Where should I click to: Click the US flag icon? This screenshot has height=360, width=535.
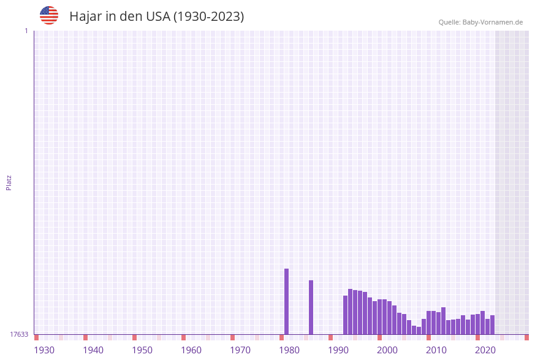pyautogui.click(x=49, y=15)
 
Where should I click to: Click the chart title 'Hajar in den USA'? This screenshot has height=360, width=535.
pyautogui.click(x=156, y=17)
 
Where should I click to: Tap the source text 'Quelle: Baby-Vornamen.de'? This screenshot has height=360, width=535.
pyautogui.click(x=480, y=22)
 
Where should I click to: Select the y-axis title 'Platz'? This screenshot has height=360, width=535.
pyautogui.click(x=9, y=182)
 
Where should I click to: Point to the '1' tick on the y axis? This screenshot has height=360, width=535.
pyautogui.click(x=26, y=31)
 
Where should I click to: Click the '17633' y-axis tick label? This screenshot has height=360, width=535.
pyautogui.click(x=19, y=334)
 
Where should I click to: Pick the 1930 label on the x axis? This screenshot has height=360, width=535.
pyautogui.click(x=44, y=350)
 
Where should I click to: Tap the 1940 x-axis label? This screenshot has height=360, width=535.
pyautogui.click(x=93, y=350)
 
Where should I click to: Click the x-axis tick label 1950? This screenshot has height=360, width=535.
pyautogui.click(x=142, y=350)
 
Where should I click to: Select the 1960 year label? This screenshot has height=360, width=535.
pyautogui.click(x=191, y=350)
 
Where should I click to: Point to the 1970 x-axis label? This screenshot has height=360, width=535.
pyautogui.click(x=240, y=350)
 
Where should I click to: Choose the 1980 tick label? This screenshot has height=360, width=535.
pyautogui.click(x=289, y=350)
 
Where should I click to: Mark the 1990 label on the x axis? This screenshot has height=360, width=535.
pyautogui.click(x=338, y=350)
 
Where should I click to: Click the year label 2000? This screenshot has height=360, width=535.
pyautogui.click(x=387, y=350)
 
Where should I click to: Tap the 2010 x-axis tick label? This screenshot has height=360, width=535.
pyautogui.click(x=436, y=350)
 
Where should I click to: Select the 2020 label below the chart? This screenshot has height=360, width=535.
pyautogui.click(x=485, y=350)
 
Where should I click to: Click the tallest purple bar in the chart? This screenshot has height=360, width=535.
pyautogui.click(x=286, y=301)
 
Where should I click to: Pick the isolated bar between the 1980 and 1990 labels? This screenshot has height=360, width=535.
pyautogui.click(x=311, y=307)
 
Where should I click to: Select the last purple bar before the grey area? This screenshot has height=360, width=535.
pyautogui.click(x=492, y=325)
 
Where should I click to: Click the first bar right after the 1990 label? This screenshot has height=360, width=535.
pyautogui.click(x=345, y=315)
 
